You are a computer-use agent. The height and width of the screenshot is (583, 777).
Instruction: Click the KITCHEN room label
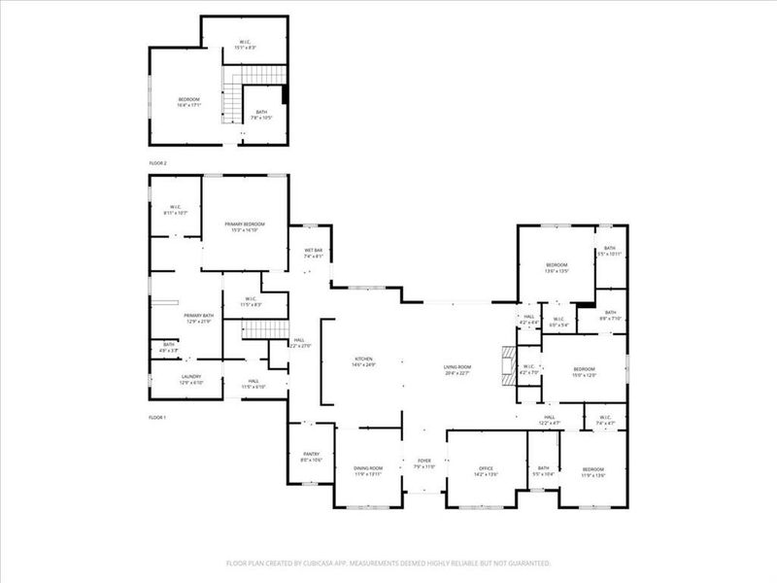pos(363,359)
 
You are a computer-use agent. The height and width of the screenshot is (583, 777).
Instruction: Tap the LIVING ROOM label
pos(457,367)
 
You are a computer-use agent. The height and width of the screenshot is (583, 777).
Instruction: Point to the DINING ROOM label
pos(368,468)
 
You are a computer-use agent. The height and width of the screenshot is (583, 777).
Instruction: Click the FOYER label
pos(424,461)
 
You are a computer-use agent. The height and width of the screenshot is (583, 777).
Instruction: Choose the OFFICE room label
pos(486,468)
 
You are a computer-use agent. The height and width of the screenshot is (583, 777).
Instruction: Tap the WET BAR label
pos(313,251)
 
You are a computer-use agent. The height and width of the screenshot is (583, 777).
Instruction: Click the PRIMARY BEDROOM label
pos(245,224)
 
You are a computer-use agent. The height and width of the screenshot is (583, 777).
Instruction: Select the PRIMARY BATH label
pos(198,316)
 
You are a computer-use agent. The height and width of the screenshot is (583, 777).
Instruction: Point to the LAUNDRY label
pos(190,377)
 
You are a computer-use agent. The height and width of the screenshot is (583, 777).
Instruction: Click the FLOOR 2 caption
pos(158,163)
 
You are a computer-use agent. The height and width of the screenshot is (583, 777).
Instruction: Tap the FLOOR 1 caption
pos(158,417)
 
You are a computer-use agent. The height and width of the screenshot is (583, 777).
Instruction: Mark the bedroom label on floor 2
pos(188,100)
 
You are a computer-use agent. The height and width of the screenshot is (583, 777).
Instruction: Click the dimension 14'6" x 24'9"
pos(363,364)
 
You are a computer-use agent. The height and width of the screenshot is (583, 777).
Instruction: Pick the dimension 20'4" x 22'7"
pos(457,373)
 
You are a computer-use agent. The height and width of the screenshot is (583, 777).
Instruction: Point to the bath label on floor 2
pos(262,112)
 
